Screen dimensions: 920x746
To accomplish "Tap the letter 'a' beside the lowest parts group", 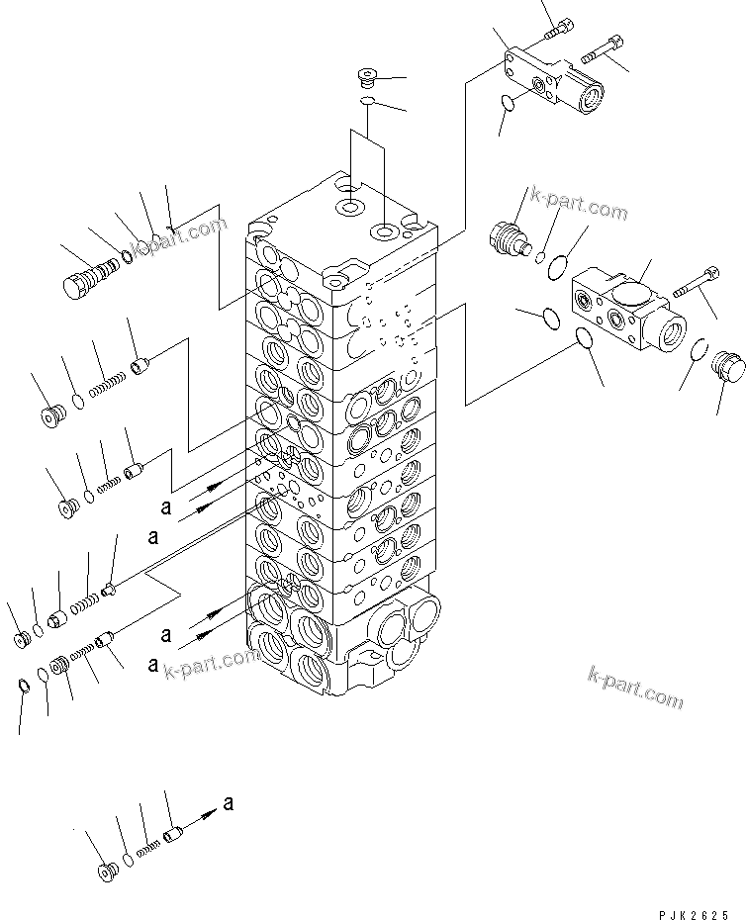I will (x=229, y=803).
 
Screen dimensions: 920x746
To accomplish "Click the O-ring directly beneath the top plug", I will (x=366, y=100).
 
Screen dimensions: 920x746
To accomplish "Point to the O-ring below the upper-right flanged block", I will (x=508, y=102).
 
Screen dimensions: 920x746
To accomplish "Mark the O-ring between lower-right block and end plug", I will (x=699, y=348).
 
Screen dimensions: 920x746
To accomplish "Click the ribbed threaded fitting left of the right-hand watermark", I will (x=510, y=237).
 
